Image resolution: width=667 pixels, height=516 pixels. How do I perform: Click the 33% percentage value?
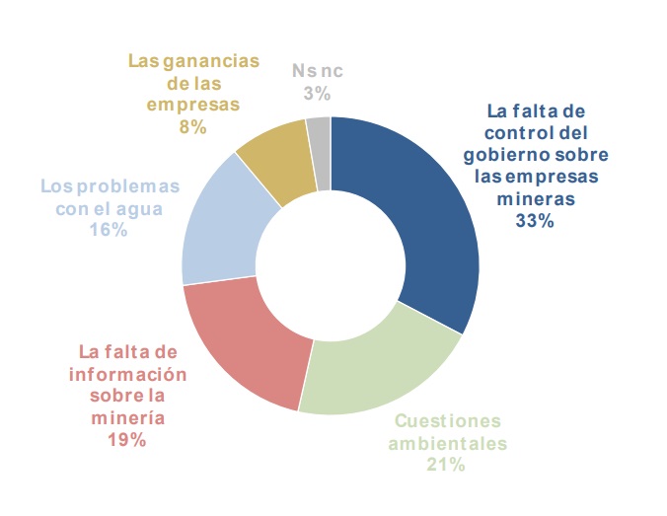(x=534, y=222)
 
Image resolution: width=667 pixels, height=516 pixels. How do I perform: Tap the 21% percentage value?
(x=444, y=464)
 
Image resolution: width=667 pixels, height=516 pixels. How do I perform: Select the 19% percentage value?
(x=127, y=440)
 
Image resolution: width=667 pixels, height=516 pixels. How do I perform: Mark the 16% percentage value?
(x=110, y=229)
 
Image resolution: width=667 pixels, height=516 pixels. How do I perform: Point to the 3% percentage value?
(x=317, y=94)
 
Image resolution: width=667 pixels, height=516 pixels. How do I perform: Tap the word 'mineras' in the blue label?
(x=534, y=199)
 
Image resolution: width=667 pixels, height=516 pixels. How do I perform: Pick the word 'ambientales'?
(x=447, y=442)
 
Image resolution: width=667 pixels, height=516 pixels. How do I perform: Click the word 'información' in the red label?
(x=127, y=375)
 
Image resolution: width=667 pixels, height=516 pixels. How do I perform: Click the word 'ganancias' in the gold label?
(x=215, y=61)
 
